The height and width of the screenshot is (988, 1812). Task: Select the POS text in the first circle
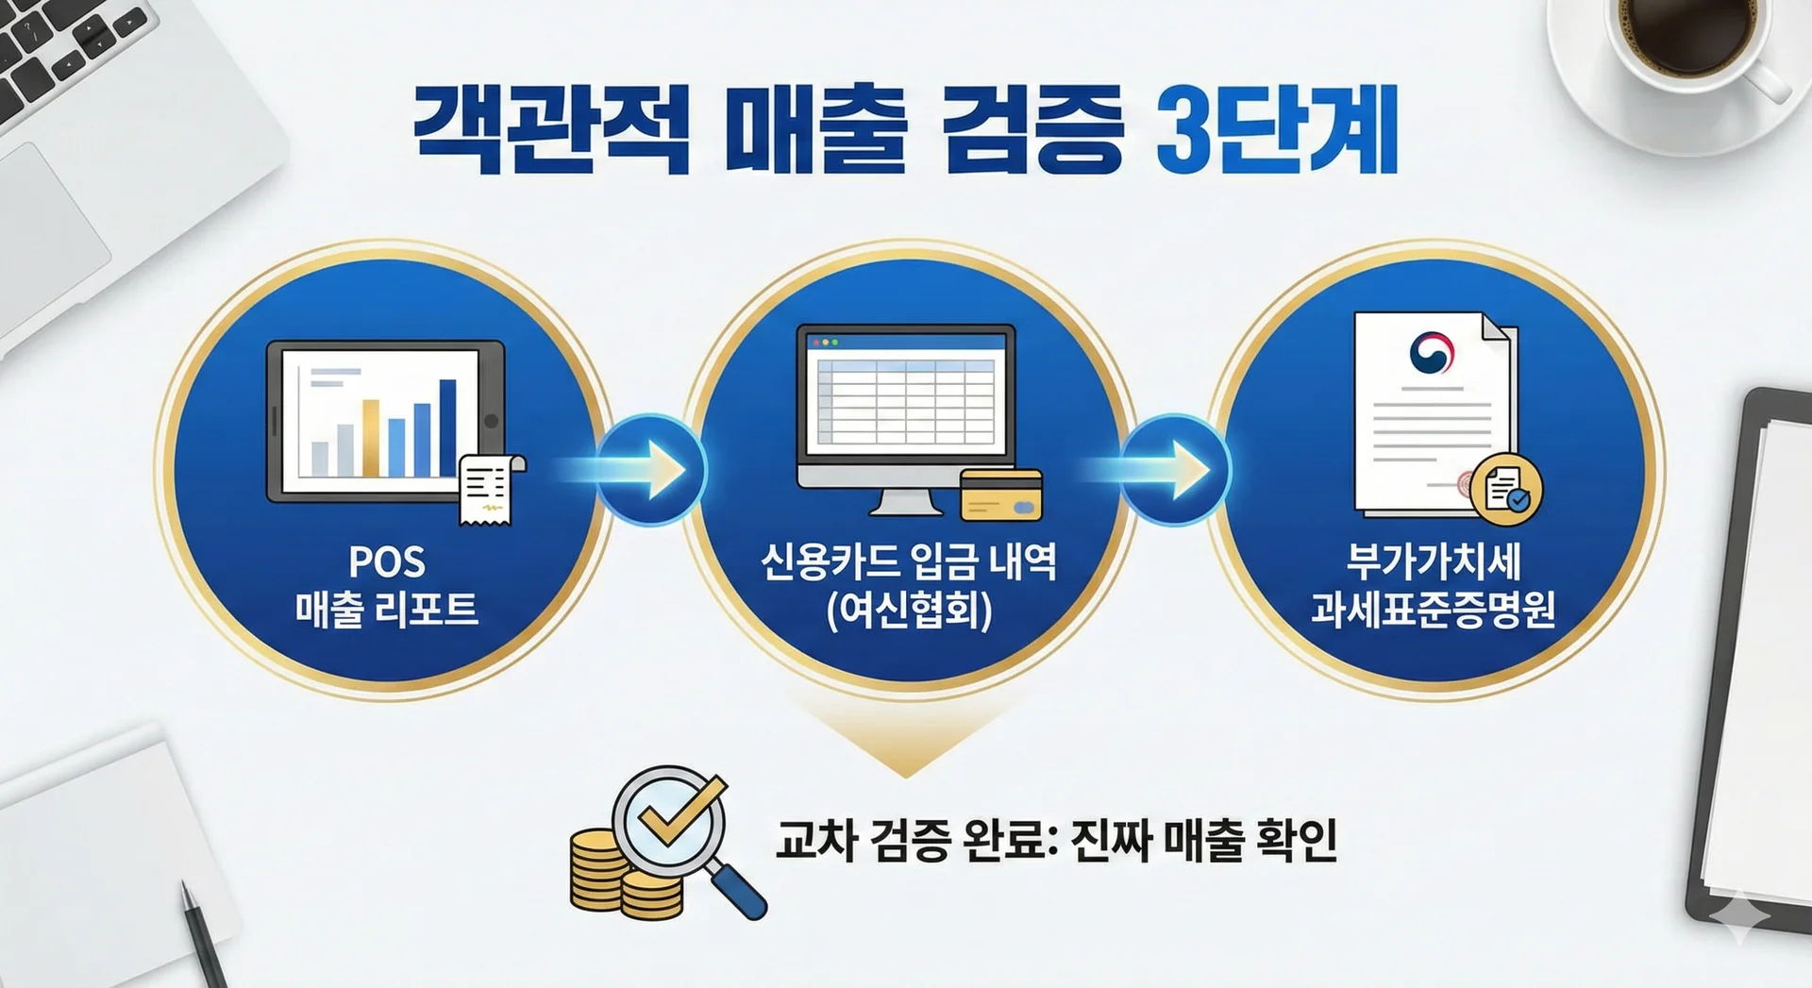point(387,562)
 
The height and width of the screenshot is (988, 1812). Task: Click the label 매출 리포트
point(387,609)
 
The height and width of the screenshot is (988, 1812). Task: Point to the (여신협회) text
point(909,611)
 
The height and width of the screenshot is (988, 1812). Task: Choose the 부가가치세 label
point(1434,562)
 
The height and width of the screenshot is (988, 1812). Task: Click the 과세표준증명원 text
point(1434,609)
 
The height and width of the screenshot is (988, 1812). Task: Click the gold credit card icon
point(1001,494)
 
